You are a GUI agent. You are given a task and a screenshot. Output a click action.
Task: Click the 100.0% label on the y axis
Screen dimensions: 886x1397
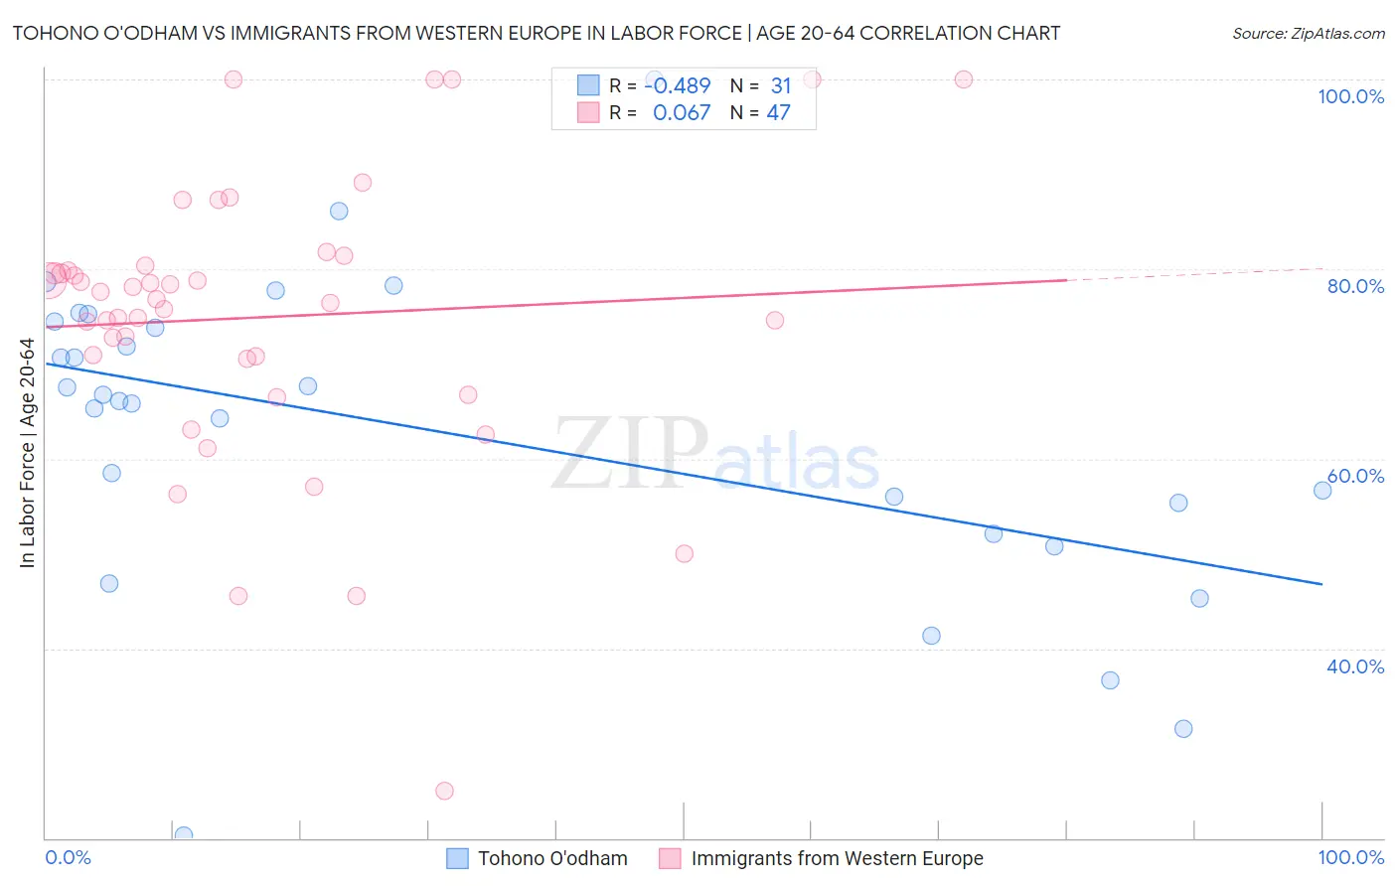pos(1350,96)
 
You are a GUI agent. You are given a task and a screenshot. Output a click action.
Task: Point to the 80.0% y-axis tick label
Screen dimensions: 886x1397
pos(1355,286)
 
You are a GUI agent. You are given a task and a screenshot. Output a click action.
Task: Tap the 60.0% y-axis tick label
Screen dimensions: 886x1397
pos(1355,476)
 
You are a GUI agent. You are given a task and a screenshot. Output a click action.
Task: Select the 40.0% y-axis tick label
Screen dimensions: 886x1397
pos(1355,666)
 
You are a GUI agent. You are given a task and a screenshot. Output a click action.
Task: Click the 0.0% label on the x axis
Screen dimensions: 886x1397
pos(68,857)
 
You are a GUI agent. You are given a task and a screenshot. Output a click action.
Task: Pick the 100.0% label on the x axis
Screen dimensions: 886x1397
pos(1350,857)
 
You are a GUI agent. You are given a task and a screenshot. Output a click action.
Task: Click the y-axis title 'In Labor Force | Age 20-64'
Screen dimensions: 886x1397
pos(27,453)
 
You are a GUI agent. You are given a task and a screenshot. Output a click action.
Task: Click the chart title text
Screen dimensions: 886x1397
pos(537,33)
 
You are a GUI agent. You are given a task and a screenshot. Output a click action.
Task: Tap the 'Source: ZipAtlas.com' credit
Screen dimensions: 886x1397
pos(1308,33)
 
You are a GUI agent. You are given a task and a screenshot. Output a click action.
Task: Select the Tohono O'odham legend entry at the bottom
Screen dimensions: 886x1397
pos(538,858)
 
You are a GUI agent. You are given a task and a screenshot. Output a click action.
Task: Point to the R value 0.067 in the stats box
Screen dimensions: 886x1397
pos(682,113)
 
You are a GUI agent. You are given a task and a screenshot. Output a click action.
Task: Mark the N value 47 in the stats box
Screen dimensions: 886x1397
pos(778,113)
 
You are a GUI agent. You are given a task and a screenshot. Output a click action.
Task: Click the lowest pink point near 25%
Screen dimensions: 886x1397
pos(444,791)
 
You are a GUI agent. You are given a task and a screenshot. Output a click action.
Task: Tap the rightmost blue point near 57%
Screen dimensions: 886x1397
pos(1322,490)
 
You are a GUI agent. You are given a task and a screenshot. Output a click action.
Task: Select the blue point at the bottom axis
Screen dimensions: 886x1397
pos(184,835)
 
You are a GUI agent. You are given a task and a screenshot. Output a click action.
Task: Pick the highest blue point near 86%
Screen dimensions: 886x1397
pos(339,211)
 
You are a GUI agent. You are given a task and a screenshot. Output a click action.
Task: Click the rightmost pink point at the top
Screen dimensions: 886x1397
pos(963,79)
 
